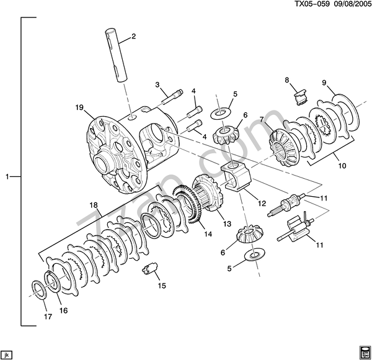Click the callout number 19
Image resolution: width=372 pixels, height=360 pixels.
click(x=80, y=107)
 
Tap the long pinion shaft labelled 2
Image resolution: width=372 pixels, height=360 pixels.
click(x=117, y=56)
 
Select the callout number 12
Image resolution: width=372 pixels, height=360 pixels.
click(x=262, y=203)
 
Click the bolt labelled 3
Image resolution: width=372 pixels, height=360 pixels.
click(x=172, y=97)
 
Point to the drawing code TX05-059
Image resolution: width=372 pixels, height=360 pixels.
click(x=312, y=4)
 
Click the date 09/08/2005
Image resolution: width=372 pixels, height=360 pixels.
click(x=352, y=4)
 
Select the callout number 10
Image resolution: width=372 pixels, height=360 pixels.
click(x=342, y=166)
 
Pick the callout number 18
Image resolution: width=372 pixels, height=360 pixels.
click(x=94, y=205)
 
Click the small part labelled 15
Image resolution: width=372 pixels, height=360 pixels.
click(x=150, y=269)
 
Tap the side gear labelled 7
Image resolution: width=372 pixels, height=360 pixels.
click(x=284, y=148)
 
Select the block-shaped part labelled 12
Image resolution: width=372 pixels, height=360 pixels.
click(x=236, y=175)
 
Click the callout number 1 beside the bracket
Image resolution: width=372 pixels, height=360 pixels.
click(x=7, y=177)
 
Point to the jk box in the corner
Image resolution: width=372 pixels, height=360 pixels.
click(x=6, y=355)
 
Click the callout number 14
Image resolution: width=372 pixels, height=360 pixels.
click(x=208, y=234)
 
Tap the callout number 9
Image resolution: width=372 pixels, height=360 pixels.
click(x=324, y=83)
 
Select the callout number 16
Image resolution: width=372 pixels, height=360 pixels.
click(x=64, y=310)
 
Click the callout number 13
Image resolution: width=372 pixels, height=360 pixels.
click(x=227, y=223)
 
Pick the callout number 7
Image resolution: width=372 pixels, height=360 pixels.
click(x=262, y=119)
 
